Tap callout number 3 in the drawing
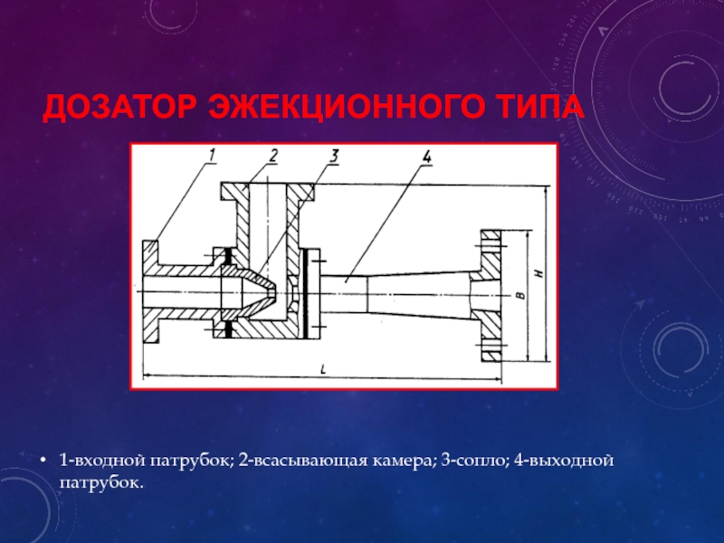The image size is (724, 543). click(333, 157)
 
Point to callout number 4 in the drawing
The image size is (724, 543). click(426, 157)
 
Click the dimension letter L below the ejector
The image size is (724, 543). click(324, 369)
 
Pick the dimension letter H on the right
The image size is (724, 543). click(540, 275)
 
